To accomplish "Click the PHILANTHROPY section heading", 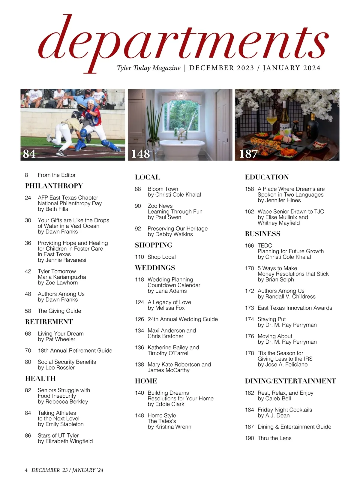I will pos(54,186).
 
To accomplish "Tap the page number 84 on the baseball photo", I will pos(29,154).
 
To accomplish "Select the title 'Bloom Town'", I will pos(163,189).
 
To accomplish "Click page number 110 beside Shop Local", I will pos(139,257).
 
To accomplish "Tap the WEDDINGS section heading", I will pos(155,268).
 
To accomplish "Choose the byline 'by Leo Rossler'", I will pos(56,368).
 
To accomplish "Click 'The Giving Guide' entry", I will pos(59,311).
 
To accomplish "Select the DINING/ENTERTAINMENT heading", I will pos(290,381).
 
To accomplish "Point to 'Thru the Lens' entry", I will pos(274,438).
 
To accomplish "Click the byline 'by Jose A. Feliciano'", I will pos(282,365).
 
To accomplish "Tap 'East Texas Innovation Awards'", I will pos(295,308).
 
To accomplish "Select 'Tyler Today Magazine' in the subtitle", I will pos(149,68).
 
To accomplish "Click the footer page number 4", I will pos(26,470).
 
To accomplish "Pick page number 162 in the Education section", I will pos(249,212).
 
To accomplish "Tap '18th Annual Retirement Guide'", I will pos(75,351).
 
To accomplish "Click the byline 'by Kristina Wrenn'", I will pos(169,427).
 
